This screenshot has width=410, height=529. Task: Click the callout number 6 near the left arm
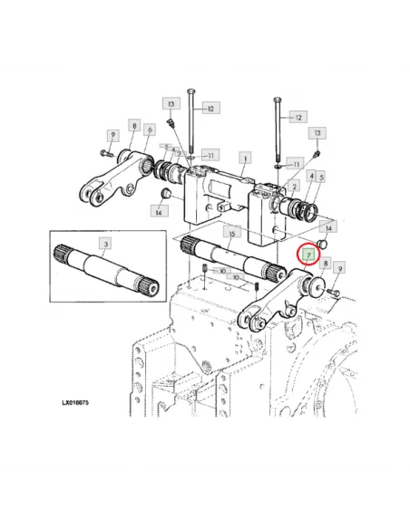coord(150,131)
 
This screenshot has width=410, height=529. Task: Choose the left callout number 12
coord(210,109)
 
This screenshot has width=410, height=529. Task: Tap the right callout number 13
coord(317,133)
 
